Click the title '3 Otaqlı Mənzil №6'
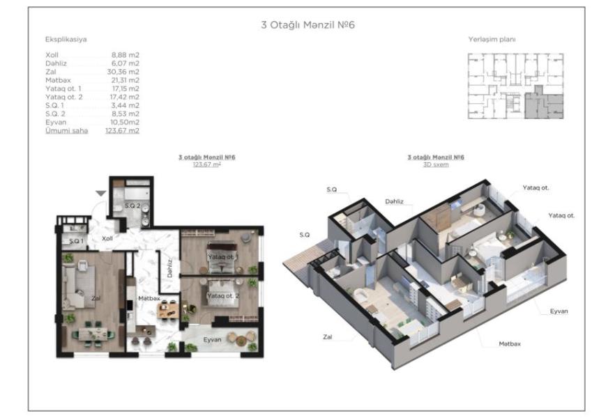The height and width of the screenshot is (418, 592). click(308, 25)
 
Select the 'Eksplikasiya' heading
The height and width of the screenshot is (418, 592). click(66, 39)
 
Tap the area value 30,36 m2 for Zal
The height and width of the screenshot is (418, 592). click(123, 72)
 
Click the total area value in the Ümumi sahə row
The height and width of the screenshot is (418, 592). click(122, 130)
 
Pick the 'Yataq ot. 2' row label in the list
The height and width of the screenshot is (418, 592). click(64, 97)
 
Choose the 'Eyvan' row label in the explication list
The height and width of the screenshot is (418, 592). click(56, 122)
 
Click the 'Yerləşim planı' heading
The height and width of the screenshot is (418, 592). click(492, 39)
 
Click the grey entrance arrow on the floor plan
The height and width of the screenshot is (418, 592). click(100, 194)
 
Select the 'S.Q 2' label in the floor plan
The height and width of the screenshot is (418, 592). click(132, 206)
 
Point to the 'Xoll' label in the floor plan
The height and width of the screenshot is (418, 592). click(107, 238)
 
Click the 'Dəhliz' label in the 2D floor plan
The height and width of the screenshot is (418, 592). click(169, 268)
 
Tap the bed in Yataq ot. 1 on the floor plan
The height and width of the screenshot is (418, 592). click(221, 258)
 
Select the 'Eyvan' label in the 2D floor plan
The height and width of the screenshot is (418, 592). click(212, 339)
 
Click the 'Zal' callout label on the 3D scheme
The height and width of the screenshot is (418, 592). click(327, 337)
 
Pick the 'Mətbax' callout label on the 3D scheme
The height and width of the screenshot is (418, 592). click(510, 343)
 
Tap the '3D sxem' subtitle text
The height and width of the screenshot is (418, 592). click(436, 164)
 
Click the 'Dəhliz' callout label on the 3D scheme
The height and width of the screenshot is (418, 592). click(394, 201)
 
